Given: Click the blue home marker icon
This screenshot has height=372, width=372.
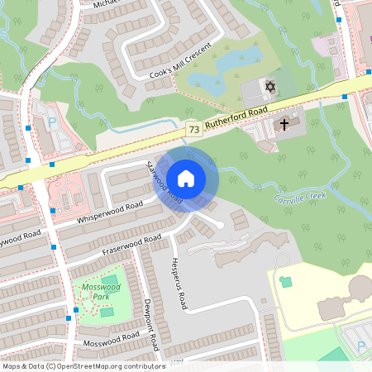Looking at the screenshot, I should [x=186, y=177].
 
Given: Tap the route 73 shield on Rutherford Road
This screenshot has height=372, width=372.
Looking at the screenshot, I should [x=193, y=129].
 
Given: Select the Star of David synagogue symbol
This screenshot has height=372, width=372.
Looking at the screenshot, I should [x=269, y=86].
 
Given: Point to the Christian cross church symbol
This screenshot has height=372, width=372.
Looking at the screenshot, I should [x=284, y=125].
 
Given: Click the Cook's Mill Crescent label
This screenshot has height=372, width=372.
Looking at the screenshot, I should [x=180, y=61].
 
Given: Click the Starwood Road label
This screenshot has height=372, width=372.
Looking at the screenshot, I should [x=164, y=182].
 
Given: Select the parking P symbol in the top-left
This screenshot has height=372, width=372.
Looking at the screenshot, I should [x=51, y=122].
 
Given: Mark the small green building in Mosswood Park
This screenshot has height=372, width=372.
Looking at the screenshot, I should [x=107, y=312].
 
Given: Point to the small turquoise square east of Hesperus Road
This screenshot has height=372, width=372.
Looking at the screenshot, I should [x=286, y=282].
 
